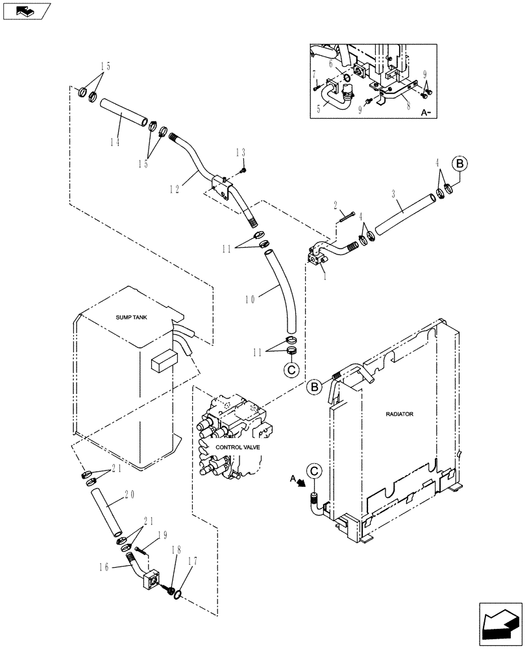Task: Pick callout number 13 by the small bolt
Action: click(x=241, y=153)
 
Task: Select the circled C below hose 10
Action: click(x=291, y=369)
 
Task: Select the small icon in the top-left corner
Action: click(x=26, y=10)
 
